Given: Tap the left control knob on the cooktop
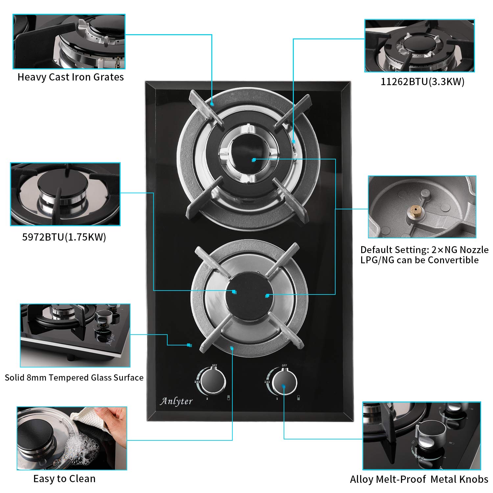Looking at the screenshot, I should (x=213, y=382).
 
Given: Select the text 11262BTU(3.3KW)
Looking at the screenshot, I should (x=422, y=82).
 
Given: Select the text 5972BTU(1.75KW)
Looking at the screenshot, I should (x=64, y=237).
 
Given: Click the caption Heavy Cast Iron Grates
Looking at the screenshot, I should (x=71, y=77).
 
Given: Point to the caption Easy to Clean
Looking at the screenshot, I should (x=64, y=479).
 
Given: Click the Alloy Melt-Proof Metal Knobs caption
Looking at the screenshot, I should (x=419, y=479).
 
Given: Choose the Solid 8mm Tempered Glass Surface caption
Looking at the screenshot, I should (x=74, y=377).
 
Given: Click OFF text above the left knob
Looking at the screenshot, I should (x=214, y=365).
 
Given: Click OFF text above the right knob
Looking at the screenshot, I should (x=284, y=365).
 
